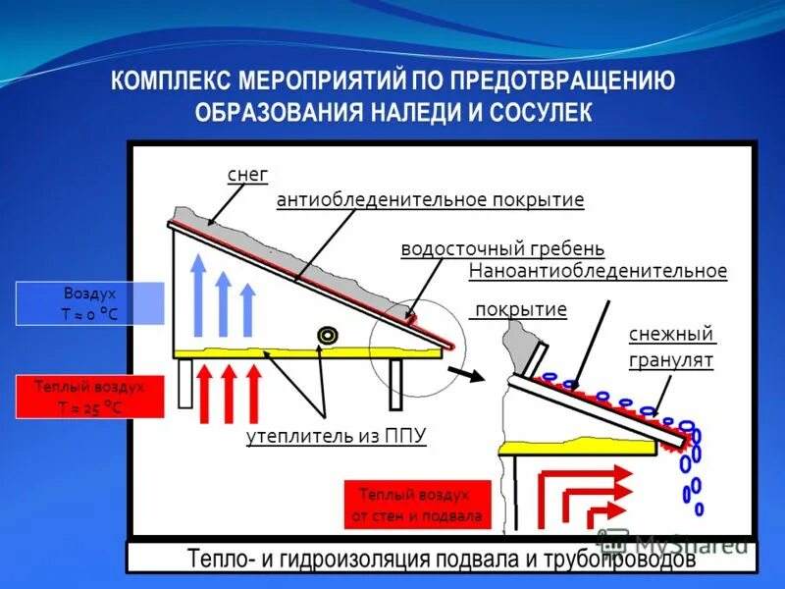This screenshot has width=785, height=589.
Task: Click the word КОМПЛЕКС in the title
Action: (x=168, y=80)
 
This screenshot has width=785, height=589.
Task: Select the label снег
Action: (x=247, y=175)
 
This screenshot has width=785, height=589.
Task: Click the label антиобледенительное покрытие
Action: (x=430, y=200)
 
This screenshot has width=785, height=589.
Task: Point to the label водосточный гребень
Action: (x=502, y=248)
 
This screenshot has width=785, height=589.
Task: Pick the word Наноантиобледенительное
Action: (x=598, y=270)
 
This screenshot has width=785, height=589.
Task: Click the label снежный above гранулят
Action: (x=672, y=334)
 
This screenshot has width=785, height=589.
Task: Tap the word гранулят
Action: (x=671, y=360)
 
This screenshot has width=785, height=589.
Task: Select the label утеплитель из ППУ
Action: (x=337, y=436)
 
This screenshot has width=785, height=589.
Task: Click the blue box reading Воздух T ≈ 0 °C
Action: (x=89, y=303)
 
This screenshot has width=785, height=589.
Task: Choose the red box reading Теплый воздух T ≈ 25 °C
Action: (x=89, y=398)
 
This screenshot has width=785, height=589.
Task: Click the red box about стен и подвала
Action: (x=416, y=506)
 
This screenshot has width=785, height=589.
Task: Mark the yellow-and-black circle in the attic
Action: (x=327, y=336)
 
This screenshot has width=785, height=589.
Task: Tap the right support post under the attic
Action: (x=395, y=383)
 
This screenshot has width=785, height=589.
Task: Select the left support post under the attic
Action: (x=185, y=383)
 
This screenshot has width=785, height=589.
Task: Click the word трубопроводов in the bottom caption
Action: (x=614, y=560)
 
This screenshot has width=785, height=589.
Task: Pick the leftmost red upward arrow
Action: (x=205, y=393)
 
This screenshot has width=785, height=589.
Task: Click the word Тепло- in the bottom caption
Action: (x=218, y=560)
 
